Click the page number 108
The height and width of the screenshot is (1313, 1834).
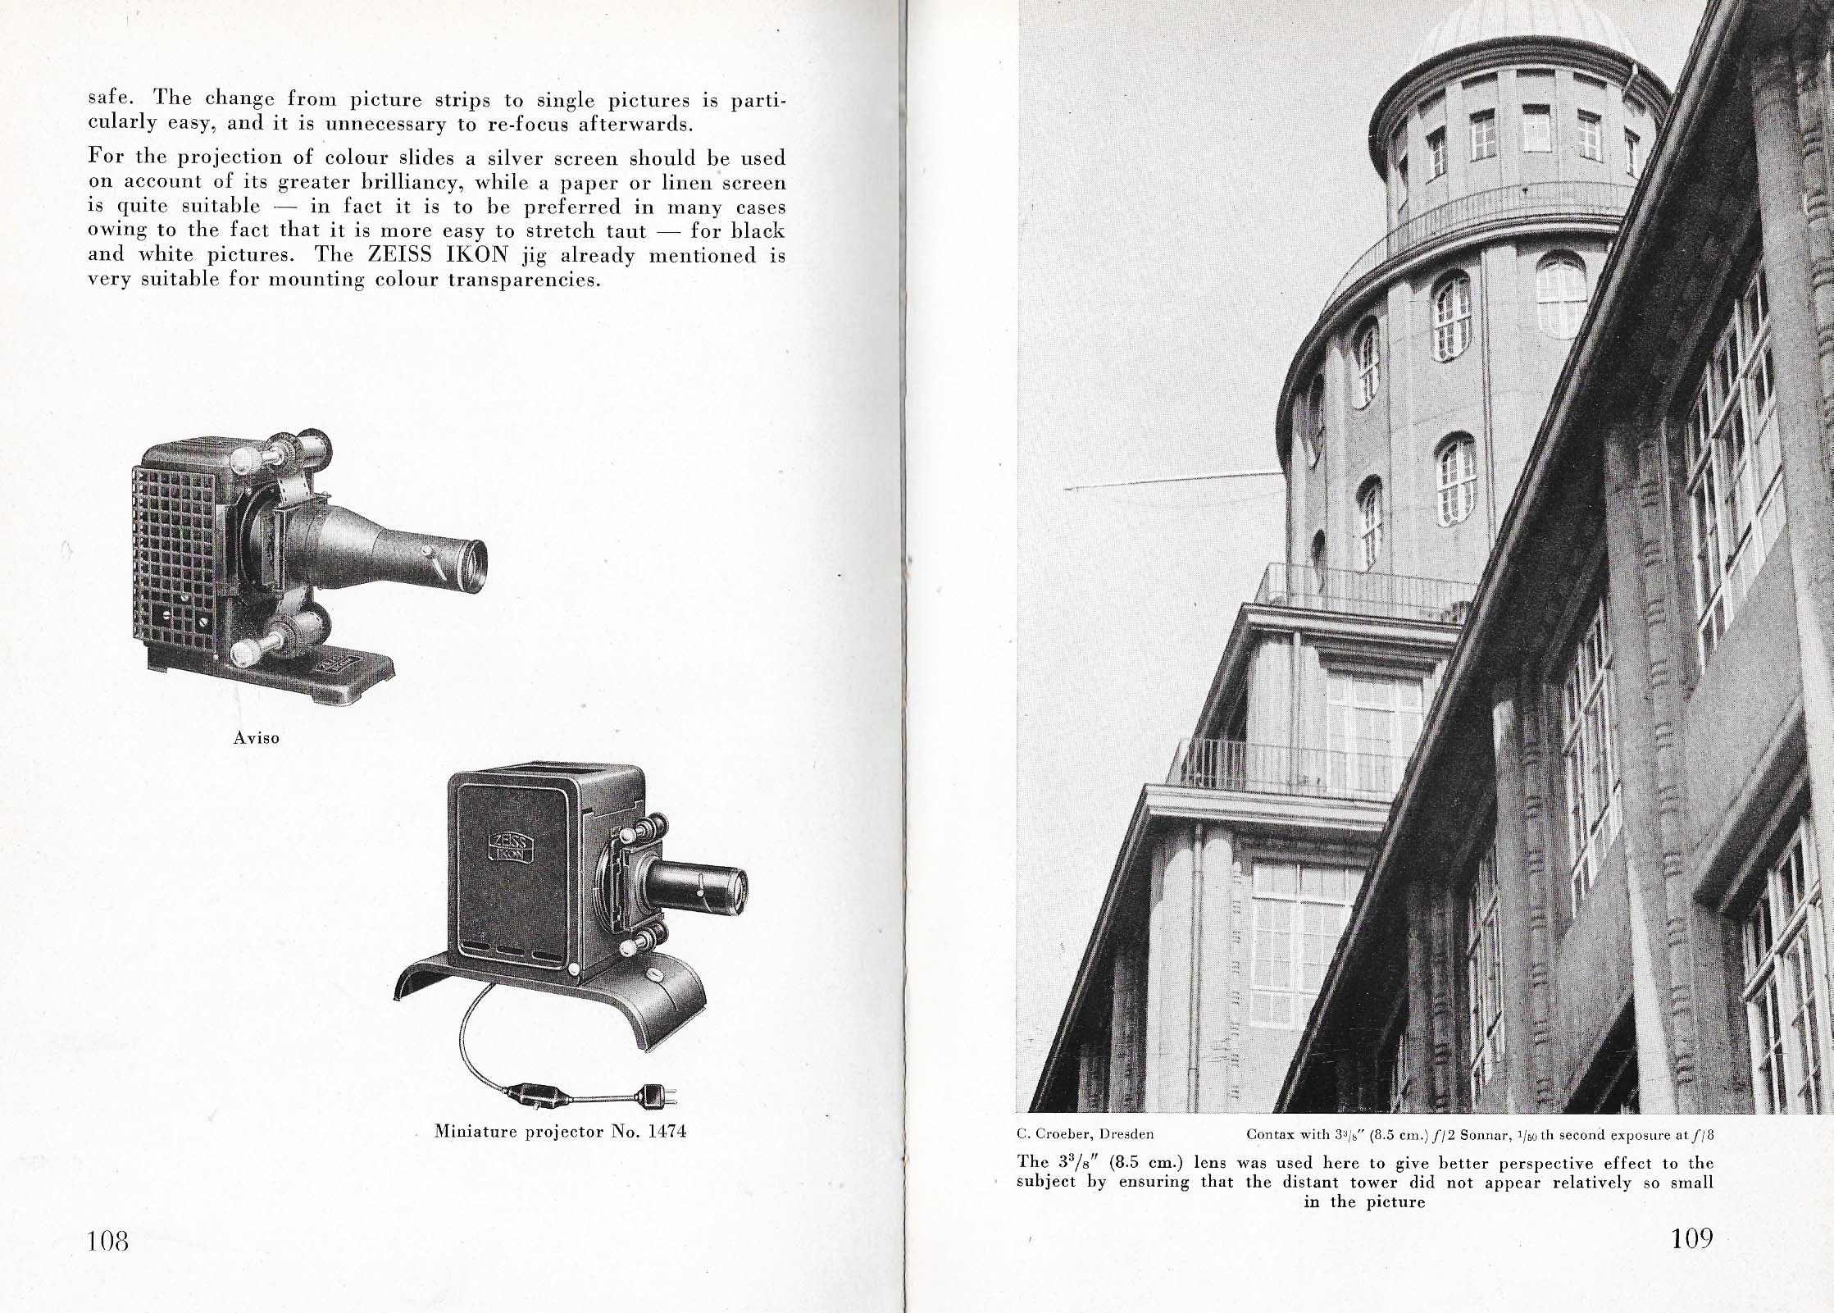point(108,1240)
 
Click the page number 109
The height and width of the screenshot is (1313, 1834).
point(1691,1238)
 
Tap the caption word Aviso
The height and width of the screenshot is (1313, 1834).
point(257,738)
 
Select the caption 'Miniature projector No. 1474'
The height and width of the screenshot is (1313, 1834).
point(560,1132)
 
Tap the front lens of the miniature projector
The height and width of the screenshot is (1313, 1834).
point(736,887)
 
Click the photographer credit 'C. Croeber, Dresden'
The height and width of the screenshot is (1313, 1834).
point(1085,1135)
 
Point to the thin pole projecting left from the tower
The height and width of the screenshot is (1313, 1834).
point(1172,481)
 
